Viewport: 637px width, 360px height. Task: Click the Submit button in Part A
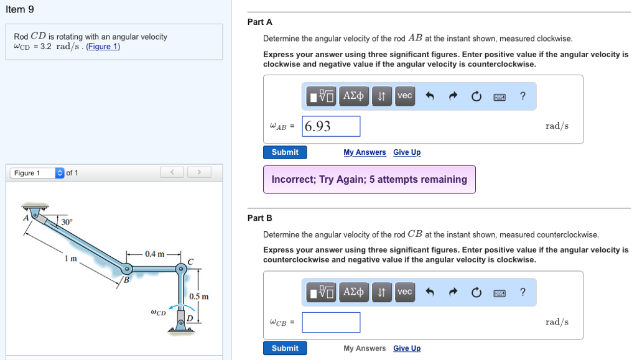(285, 152)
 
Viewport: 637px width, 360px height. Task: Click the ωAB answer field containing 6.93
(331, 126)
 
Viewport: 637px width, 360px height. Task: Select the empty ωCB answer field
(331, 322)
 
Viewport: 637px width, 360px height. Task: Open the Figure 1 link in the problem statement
(103, 47)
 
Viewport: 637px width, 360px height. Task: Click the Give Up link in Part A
(407, 152)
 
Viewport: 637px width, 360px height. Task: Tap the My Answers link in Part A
(365, 152)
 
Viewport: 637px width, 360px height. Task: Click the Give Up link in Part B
(407, 348)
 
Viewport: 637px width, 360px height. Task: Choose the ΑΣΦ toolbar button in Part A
(353, 96)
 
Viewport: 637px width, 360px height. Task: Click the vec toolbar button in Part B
(404, 292)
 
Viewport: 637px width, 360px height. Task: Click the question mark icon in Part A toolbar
(523, 96)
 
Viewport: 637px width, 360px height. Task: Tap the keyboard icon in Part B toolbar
(500, 292)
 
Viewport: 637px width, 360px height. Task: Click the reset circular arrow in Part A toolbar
(476, 96)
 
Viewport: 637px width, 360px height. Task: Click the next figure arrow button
(199, 172)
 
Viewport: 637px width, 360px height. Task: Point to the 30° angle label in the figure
(67, 222)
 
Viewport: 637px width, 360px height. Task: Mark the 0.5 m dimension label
(199, 297)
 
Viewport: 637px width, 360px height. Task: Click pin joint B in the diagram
(126, 270)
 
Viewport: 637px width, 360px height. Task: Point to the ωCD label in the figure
(158, 312)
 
